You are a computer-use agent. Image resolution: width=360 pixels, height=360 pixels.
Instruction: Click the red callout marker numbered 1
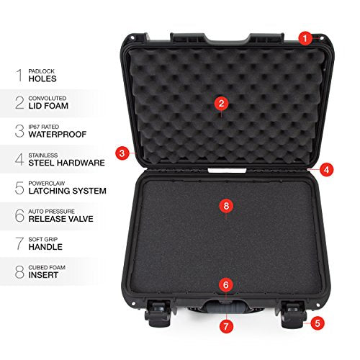click(x=305, y=38)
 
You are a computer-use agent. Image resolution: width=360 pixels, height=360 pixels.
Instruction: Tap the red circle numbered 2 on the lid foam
click(x=221, y=104)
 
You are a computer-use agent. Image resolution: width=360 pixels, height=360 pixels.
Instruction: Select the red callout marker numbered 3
click(x=122, y=153)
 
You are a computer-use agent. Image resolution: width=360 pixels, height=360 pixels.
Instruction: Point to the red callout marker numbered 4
click(x=326, y=170)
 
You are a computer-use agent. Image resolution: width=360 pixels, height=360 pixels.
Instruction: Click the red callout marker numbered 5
click(x=318, y=323)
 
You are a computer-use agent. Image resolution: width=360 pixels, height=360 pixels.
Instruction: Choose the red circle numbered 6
click(x=226, y=285)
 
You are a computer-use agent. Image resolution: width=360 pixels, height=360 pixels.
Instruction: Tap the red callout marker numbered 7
click(x=226, y=326)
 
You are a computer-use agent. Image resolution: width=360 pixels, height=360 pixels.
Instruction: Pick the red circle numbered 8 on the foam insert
click(x=226, y=206)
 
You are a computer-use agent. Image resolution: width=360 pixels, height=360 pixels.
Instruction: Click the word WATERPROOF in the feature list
click(x=58, y=135)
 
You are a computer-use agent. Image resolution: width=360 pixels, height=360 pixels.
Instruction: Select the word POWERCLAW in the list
click(x=47, y=184)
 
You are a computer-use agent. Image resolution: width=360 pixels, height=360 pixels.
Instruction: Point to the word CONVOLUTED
click(x=48, y=98)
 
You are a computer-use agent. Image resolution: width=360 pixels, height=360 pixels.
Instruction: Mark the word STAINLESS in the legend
click(x=43, y=156)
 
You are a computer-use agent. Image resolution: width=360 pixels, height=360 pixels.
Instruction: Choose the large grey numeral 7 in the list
click(x=19, y=243)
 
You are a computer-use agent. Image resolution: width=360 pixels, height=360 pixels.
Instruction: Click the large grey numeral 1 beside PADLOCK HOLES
click(x=19, y=75)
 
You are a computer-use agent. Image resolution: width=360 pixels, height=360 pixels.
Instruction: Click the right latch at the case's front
click(x=294, y=314)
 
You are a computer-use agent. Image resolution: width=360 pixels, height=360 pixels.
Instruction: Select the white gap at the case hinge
click(x=227, y=171)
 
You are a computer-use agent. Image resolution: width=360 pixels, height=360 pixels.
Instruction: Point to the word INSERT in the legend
click(x=43, y=275)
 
